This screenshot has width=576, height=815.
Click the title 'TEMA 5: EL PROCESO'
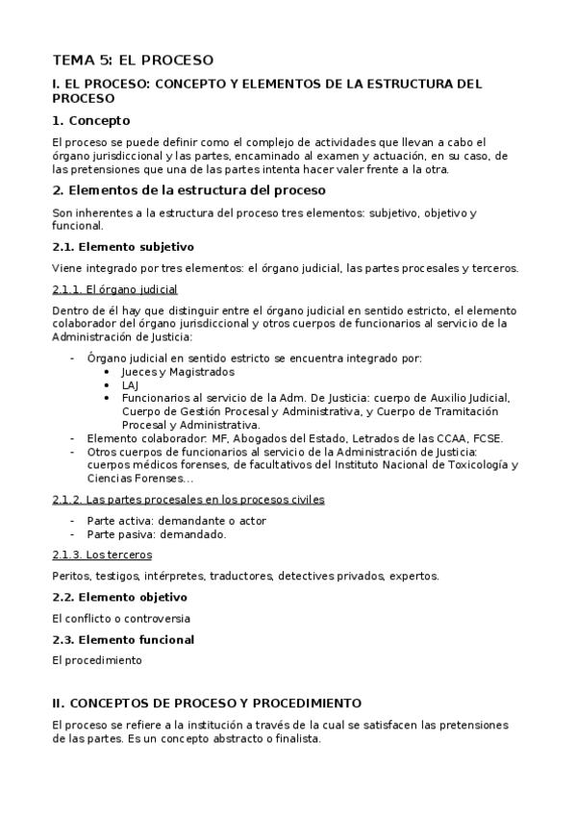tap(133, 61)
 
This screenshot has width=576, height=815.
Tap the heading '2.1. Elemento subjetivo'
tap(123, 247)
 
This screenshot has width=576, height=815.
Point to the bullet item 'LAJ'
tap(130, 384)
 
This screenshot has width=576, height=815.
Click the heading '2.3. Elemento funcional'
tap(123, 639)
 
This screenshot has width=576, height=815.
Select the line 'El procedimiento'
tap(97, 660)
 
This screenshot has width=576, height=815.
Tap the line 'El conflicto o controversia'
tap(121, 618)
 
